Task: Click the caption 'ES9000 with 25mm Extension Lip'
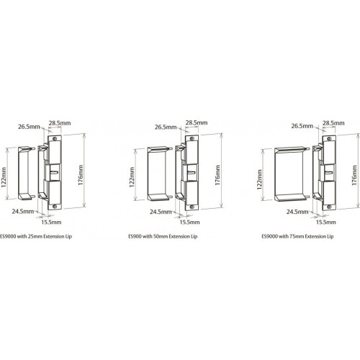tap(36, 236)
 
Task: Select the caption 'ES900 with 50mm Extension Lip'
tap(163, 236)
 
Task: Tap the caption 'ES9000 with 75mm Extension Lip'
tap(297, 236)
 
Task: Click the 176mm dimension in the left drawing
tap(81, 175)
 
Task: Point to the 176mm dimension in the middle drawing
tap(217, 175)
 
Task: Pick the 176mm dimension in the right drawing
tap(354, 175)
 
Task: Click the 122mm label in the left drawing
tap(4, 178)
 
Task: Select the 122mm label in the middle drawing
tap(132, 178)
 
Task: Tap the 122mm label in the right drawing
tap(259, 179)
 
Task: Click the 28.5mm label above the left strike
tap(60, 123)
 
